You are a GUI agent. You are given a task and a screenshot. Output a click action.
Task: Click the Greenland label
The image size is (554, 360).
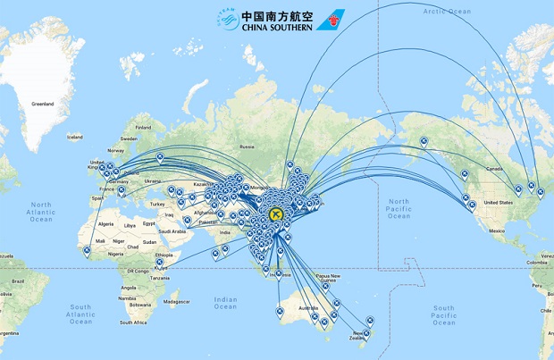point(43,105)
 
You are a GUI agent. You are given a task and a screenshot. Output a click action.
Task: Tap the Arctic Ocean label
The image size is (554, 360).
point(448,11)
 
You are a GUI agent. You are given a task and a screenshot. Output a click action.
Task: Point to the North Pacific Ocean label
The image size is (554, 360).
point(399,212)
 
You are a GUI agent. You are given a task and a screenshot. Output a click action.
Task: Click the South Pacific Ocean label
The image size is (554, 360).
point(444,314)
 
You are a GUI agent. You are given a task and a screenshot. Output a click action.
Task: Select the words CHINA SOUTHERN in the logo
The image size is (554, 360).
point(275,26)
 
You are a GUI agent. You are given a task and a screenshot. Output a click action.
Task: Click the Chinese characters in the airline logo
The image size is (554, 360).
point(275,13)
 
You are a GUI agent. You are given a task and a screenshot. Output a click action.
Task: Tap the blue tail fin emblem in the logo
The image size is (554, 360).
point(332,19)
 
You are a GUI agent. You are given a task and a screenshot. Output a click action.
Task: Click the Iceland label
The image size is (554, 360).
point(74,137)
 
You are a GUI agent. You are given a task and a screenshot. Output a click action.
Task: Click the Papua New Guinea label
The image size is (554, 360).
point(337,278)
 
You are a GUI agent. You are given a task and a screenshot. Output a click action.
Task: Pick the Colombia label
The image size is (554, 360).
point(542,263)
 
